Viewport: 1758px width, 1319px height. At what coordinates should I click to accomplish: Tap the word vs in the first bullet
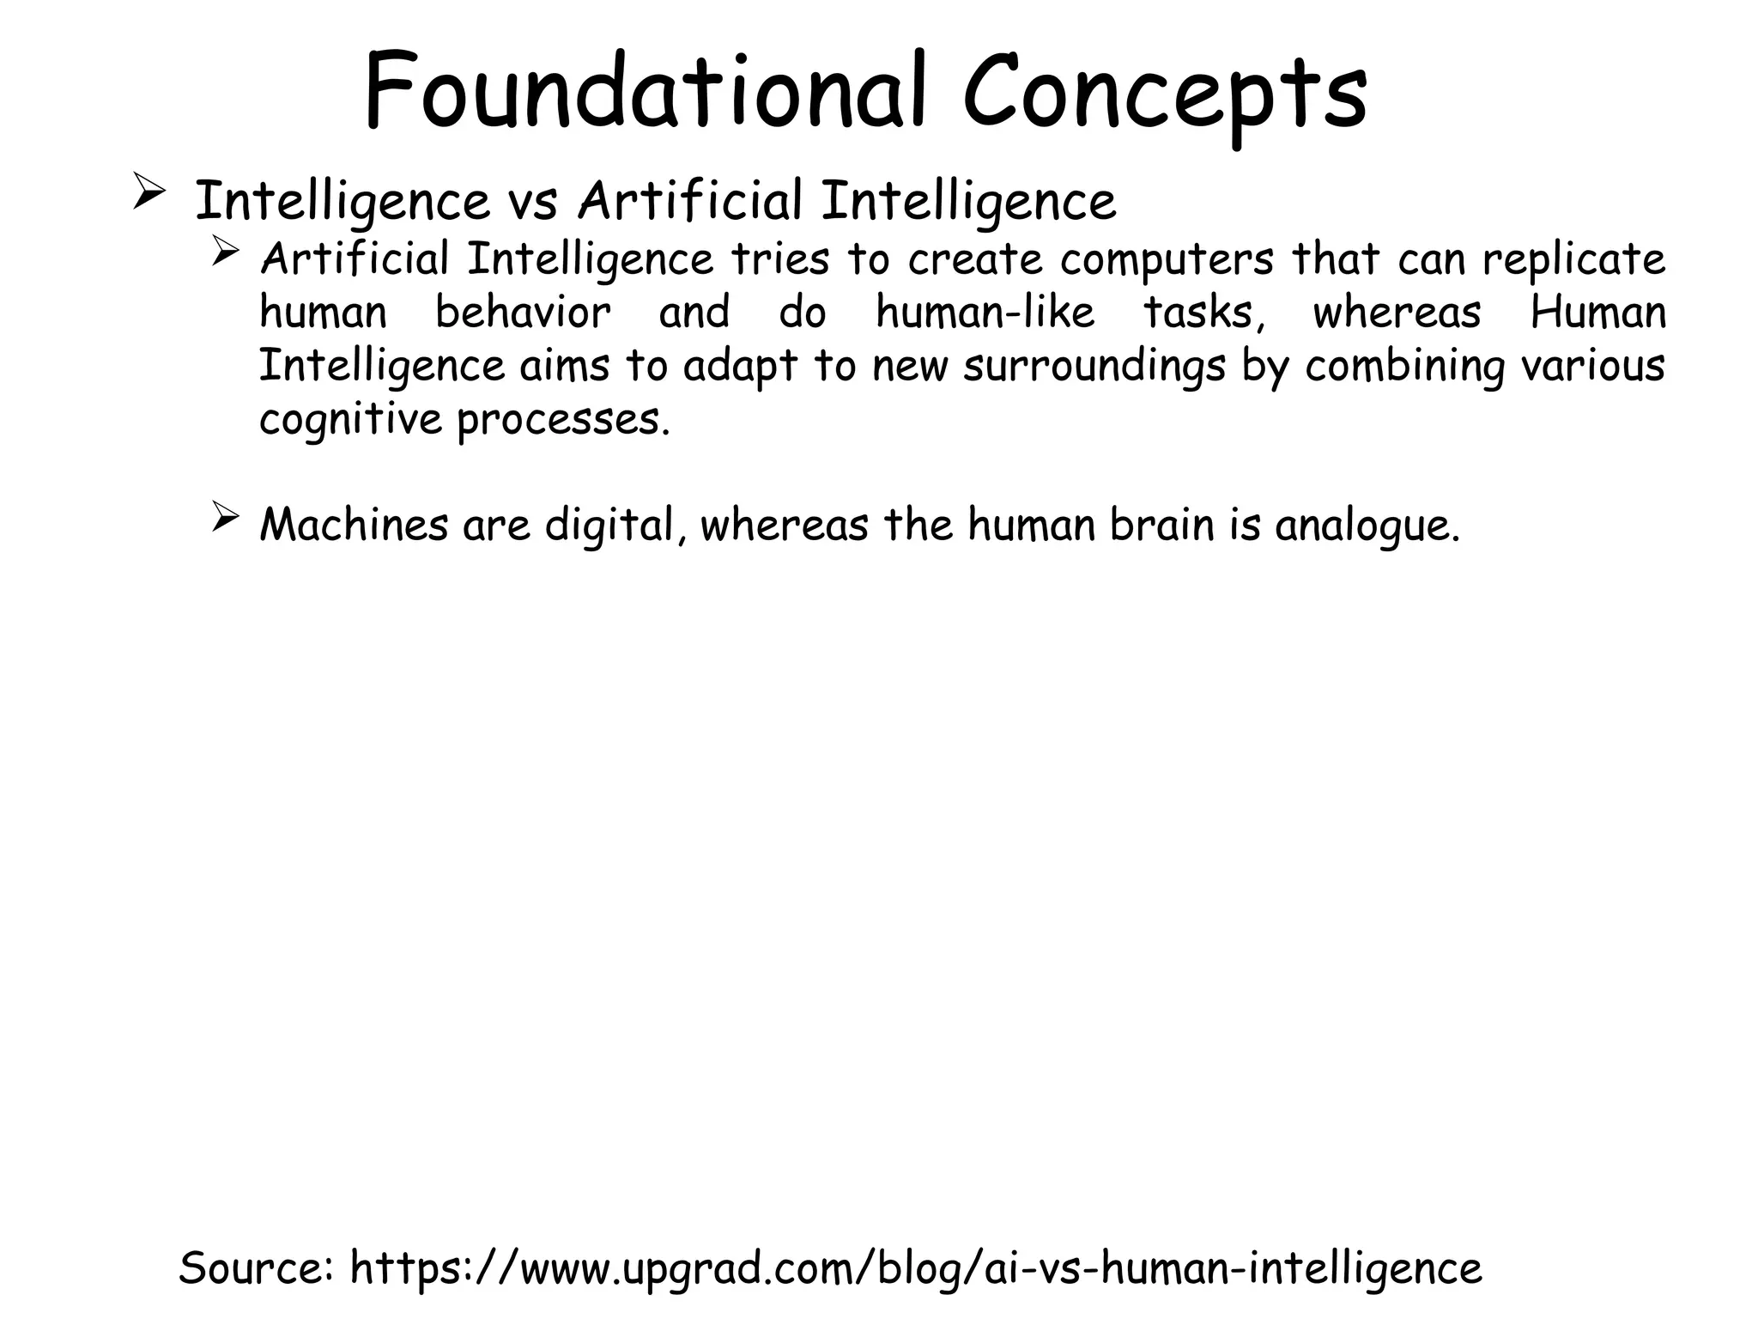pyautogui.click(x=532, y=202)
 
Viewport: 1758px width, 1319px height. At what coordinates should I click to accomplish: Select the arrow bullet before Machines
pyautogui.click(x=224, y=518)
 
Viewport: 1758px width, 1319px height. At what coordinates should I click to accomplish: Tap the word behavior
pyautogui.click(x=523, y=312)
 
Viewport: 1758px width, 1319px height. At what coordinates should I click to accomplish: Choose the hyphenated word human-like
pyautogui.click(x=985, y=312)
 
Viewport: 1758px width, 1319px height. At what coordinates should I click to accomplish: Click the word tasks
pyautogui.click(x=1203, y=312)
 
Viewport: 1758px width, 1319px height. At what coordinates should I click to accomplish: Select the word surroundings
pyautogui.click(x=1094, y=367)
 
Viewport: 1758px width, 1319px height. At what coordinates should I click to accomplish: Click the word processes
pyautogui.click(x=562, y=421)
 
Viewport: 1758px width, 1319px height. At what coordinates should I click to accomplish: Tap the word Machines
pyautogui.click(x=354, y=525)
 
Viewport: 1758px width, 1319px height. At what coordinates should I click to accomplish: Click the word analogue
pyautogui.click(x=1367, y=526)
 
